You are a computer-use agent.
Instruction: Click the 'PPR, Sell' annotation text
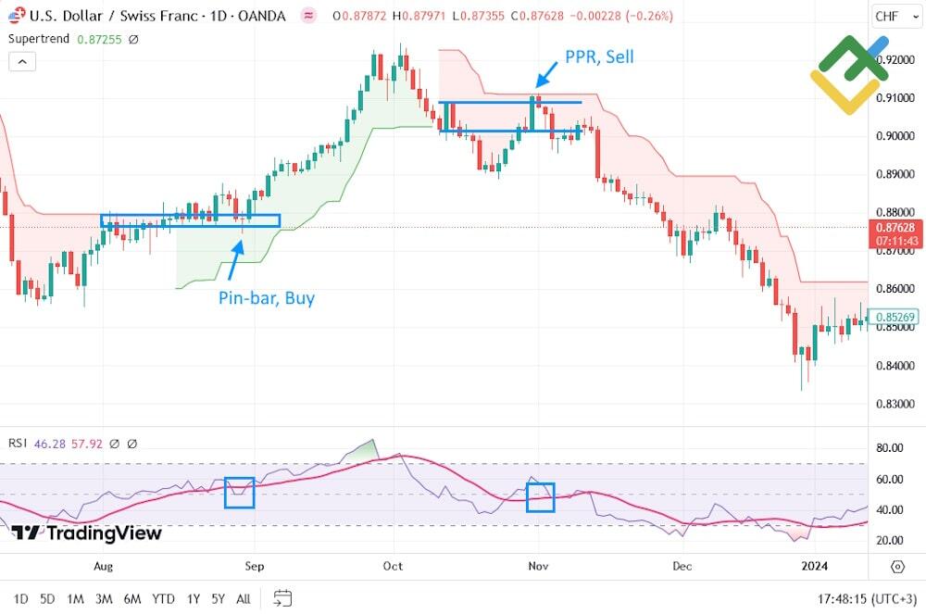(599, 57)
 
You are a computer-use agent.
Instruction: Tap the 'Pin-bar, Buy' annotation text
(267, 298)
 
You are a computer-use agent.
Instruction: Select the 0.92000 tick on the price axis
(894, 59)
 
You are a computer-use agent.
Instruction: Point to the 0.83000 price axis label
(894, 404)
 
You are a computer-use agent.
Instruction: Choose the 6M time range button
(132, 598)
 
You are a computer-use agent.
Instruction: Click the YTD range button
(164, 598)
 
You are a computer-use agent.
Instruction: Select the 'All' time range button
(244, 598)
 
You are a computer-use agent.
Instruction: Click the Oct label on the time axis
(394, 565)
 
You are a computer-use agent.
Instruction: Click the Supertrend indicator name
(38, 39)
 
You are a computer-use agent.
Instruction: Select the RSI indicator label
(18, 444)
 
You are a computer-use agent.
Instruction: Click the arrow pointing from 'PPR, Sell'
(546, 73)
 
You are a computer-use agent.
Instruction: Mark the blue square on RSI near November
(540, 497)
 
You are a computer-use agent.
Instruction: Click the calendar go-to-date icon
(283, 598)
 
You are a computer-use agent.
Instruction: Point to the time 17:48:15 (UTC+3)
(862, 598)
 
